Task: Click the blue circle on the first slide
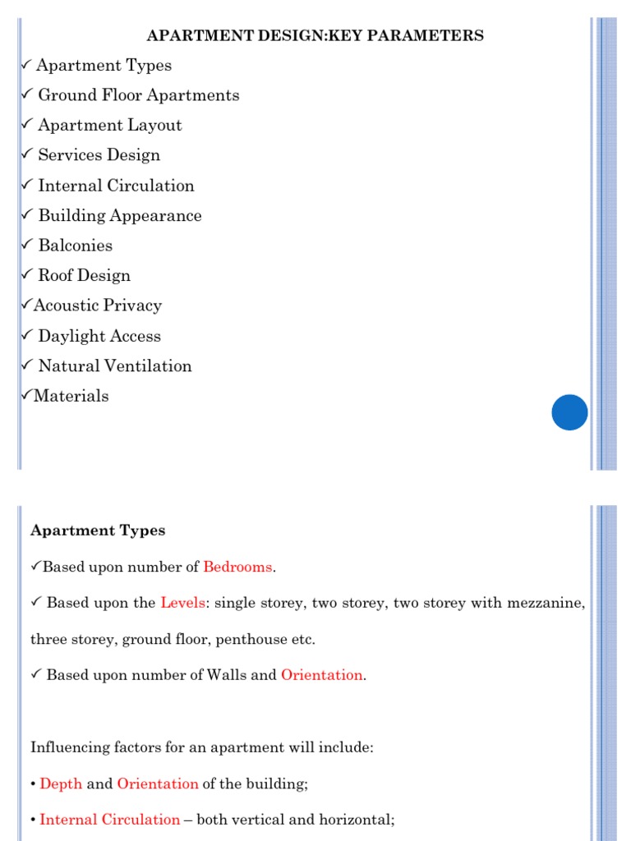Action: [569, 412]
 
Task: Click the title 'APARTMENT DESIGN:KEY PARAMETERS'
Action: [315, 35]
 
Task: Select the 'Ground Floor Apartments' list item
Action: [138, 95]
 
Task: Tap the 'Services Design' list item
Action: [99, 155]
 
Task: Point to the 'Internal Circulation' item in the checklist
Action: [116, 186]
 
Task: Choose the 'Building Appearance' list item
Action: [119, 216]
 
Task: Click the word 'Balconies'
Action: [75, 246]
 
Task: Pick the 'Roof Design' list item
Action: [84, 276]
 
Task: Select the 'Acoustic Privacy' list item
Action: [97, 306]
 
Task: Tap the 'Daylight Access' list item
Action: [99, 336]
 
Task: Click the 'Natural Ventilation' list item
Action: [114, 366]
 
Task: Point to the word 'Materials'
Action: [71, 396]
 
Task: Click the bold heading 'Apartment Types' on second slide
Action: [98, 531]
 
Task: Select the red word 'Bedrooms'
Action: [237, 567]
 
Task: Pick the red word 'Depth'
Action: [61, 784]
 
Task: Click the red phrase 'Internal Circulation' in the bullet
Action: [109, 820]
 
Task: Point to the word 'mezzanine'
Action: [543, 603]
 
